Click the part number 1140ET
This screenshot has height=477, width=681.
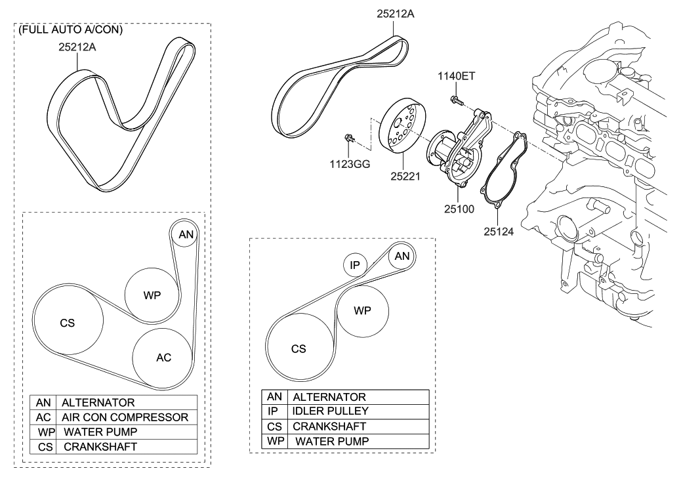pyautogui.click(x=457, y=76)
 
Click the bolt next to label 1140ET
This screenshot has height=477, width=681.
pyautogui.click(x=455, y=100)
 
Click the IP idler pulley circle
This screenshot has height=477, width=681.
pyautogui.click(x=355, y=265)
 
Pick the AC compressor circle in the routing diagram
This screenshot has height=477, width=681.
pyautogui.click(x=163, y=358)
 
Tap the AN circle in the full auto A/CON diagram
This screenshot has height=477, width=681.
pyautogui.click(x=186, y=234)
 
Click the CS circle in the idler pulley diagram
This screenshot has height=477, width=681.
pyautogui.click(x=299, y=348)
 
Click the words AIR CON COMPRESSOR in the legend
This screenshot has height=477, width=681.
pyautogui.click(x=125, y=417)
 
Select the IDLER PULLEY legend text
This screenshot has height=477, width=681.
pyautogui.click(x=330, y=411)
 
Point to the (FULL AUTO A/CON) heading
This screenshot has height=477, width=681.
pyautogui.click(x=72, y=30)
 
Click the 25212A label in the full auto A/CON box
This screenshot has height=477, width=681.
pyautogui.click(x=77, y=47)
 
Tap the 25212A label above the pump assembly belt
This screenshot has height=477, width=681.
pyautogui.click(x=396, y=12)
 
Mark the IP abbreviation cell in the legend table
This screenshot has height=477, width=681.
pyautogui.click(x=274, y=411)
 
